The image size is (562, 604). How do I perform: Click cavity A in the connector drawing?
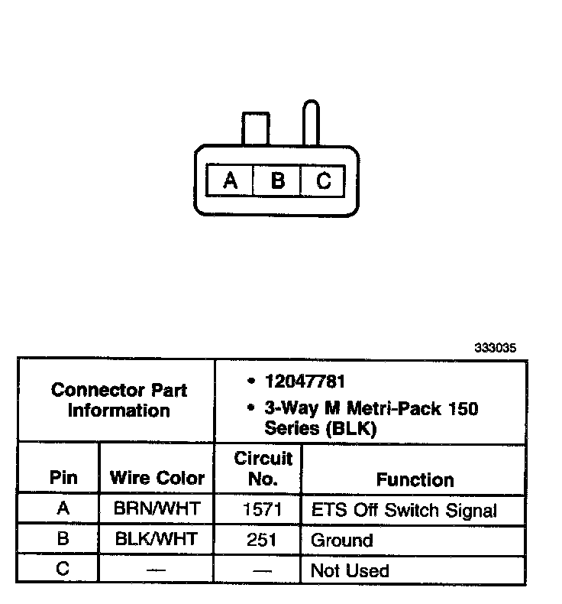click(x=230, y=181)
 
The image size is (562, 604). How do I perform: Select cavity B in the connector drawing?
click(x=278, y=181)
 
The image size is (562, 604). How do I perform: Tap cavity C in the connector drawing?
click(x=324, y=181)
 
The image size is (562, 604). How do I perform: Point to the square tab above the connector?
click(x=254, y=128)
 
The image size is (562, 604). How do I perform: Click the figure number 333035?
click(x=496, y=347)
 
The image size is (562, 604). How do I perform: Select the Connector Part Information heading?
click(x=118, y=400)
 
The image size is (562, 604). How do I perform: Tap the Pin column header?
click(x=63, y=478)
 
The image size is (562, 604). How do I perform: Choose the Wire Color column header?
click(x=157, y=478)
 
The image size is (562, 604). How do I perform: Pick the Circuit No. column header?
click(x=263, y=469)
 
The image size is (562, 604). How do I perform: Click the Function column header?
click(x=415, y=479)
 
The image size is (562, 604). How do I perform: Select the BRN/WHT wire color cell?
click(x=157, y=509)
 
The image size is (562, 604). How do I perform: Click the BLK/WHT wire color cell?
click(x=157, y=540)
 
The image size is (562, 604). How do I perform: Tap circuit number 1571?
click(x=262, y=509)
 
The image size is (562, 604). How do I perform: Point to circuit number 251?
click(x=262, y=540)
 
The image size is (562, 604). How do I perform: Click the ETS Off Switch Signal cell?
click(x=404, y=510)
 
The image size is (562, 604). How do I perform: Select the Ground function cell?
click(x=341, y=541)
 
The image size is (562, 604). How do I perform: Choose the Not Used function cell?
click(x=350, y=570)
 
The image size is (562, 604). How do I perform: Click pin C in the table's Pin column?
click(x=63, y=570)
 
